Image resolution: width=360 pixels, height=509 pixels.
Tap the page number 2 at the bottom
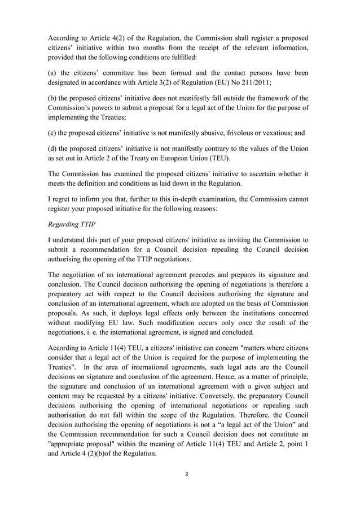click(187, 489)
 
